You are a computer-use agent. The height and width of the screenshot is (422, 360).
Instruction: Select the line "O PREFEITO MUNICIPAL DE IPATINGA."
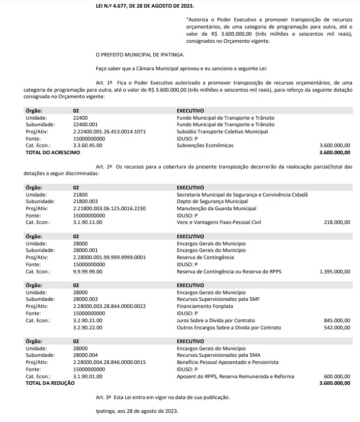click(x=140, y=54)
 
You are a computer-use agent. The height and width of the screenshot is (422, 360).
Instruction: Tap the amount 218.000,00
click(x=337, y=222)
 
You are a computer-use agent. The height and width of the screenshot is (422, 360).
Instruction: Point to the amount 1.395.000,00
click(x=335, y=272)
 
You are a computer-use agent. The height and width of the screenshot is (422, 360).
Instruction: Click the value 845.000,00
click(x=337, y=321)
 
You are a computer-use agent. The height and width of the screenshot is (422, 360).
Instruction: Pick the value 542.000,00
click(x=337, y=328)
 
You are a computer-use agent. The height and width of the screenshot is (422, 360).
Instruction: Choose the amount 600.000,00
click(x=337, y=377)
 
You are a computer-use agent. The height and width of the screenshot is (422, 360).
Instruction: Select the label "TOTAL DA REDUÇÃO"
click(x=50, y=383)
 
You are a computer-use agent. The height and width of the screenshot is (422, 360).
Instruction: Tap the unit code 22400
click(x=80, y=118)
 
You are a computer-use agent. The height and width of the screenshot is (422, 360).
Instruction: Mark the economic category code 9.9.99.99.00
click(x=88, y=272)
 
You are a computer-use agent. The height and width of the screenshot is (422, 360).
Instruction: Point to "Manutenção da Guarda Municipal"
click(x=216, y=208)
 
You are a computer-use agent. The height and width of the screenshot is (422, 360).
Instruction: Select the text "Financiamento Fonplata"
click(x=203, y=306)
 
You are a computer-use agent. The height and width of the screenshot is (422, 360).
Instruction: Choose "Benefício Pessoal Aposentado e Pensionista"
click(x=228, y=362)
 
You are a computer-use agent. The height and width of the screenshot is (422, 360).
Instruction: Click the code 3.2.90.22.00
click(x=88, y=328)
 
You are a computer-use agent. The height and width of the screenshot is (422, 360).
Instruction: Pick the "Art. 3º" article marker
click(x=104, y=397)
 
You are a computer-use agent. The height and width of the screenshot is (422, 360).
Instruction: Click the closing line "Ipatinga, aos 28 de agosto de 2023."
click(x=137, y=411)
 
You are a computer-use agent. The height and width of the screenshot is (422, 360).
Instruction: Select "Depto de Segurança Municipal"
click(x=212, y=202)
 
